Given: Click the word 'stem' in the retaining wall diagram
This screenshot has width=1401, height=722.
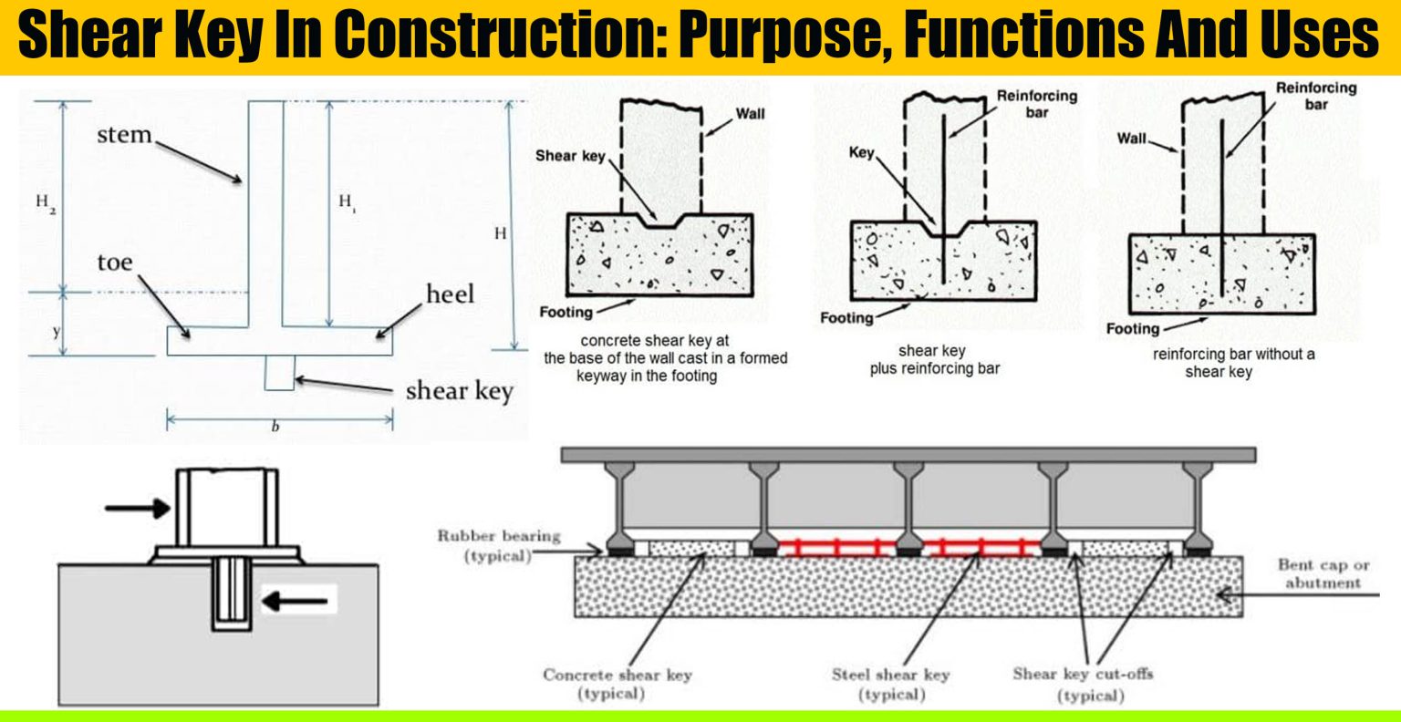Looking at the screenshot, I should [x=124, y=135].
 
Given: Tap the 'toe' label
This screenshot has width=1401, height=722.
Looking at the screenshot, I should [x=115, y=263].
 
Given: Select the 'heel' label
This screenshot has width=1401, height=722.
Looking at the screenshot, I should [x=451, y=294].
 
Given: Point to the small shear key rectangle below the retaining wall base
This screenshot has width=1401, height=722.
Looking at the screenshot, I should [x=279, y=373].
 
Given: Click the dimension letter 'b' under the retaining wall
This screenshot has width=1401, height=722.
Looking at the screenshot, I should [x=275, y=427].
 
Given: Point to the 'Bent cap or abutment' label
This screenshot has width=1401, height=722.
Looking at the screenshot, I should [x=1323, y=574].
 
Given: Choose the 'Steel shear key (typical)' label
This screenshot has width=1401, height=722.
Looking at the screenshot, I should [x=890, y=684].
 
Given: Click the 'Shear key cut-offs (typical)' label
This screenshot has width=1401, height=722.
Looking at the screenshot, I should [x=1083, y=684].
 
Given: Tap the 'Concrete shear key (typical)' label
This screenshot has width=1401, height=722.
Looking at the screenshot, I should [x=617, y=684].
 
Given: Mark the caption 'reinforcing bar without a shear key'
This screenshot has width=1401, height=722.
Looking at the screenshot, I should [x=1233, y=362].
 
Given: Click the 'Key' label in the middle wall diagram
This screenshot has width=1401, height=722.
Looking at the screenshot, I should [x=861, y=153].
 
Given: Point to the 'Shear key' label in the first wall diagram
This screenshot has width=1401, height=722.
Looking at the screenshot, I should [x=570, y=156].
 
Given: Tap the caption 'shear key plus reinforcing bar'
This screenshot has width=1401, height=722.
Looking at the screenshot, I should [x=934, y=359].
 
